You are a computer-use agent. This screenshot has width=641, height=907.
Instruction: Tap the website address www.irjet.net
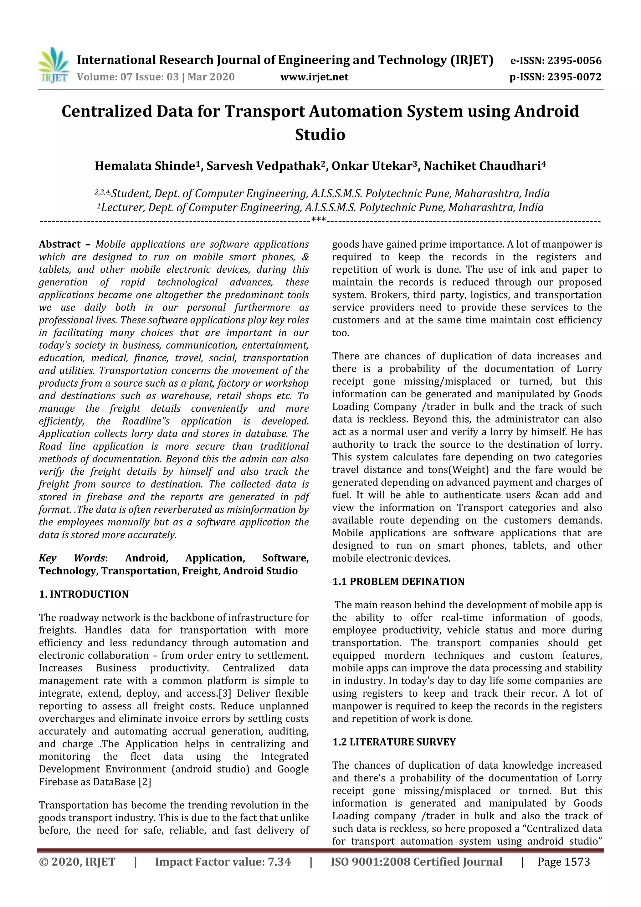(314, 77)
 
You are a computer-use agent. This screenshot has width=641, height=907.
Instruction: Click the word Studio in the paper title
(320, 135)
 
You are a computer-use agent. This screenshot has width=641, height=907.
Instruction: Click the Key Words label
(73, 558)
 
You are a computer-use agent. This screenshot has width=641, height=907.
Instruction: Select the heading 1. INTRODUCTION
(84, 595)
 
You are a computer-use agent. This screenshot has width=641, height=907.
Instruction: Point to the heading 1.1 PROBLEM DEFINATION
(398, 581)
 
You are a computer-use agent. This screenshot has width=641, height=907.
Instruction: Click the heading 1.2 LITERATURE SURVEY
(394, 742)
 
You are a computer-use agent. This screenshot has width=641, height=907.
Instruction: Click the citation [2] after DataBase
(145, 782)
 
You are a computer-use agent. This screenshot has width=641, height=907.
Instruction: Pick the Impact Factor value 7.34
(279, 862)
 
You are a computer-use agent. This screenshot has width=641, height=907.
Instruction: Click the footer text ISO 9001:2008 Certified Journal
(416, 862)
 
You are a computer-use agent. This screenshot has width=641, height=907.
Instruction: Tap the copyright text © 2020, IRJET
(77, 862)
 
